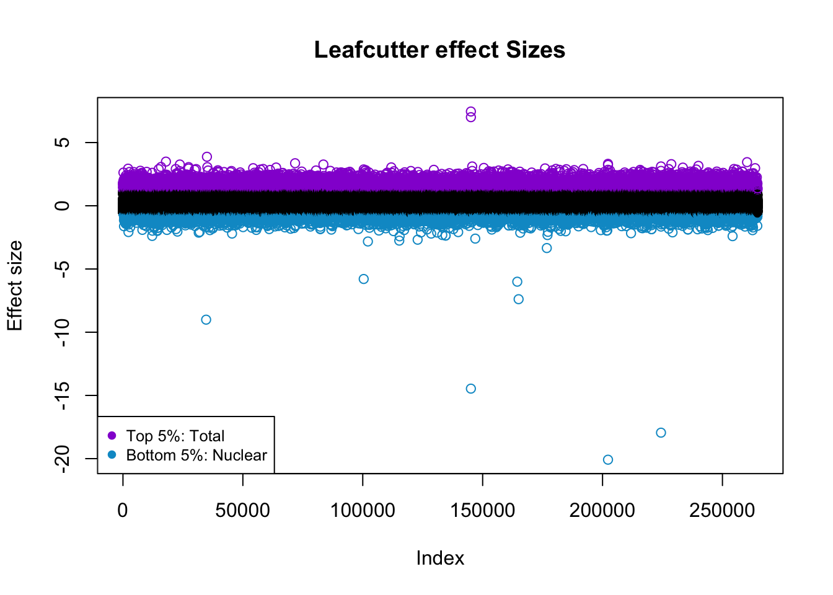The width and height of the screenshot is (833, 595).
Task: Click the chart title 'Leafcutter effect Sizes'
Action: [x=439, y=50]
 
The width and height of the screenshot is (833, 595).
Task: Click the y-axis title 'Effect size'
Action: [x=15, y=286]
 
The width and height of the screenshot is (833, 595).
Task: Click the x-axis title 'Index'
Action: [x=440, y=558]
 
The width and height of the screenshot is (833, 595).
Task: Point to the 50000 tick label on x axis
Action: [x=242, y=510]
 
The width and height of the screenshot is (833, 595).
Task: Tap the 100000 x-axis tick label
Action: [x=363, y=510]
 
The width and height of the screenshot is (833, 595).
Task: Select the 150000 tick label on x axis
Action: [x=482, y=510]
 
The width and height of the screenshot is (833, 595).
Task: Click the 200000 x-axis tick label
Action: [x=602, y=510]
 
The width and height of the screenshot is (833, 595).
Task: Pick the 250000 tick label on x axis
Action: [x=722, y=510]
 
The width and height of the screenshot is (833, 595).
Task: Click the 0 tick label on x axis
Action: [x=123, y=510]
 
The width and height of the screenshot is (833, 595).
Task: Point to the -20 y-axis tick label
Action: [x=63, y=459]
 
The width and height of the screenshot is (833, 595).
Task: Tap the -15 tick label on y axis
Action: [x=63, y=395]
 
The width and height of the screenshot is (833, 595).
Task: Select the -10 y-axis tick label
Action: [x=63, y=332]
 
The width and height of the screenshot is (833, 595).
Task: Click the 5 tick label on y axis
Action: [x=63, y=143]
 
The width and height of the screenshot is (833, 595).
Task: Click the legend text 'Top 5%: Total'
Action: [x=175, y=436]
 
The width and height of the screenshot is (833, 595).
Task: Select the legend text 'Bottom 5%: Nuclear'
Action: [x=196, y=455]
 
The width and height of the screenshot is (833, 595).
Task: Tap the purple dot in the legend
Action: [x=112, y=436]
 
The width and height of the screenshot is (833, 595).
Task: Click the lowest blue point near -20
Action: [x=608, y=460]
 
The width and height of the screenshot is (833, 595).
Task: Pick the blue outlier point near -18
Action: [x=661, y=433]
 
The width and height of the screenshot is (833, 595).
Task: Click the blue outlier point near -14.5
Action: [x=470, y=389]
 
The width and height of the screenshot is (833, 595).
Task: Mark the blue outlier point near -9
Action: [x=206, y=320]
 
